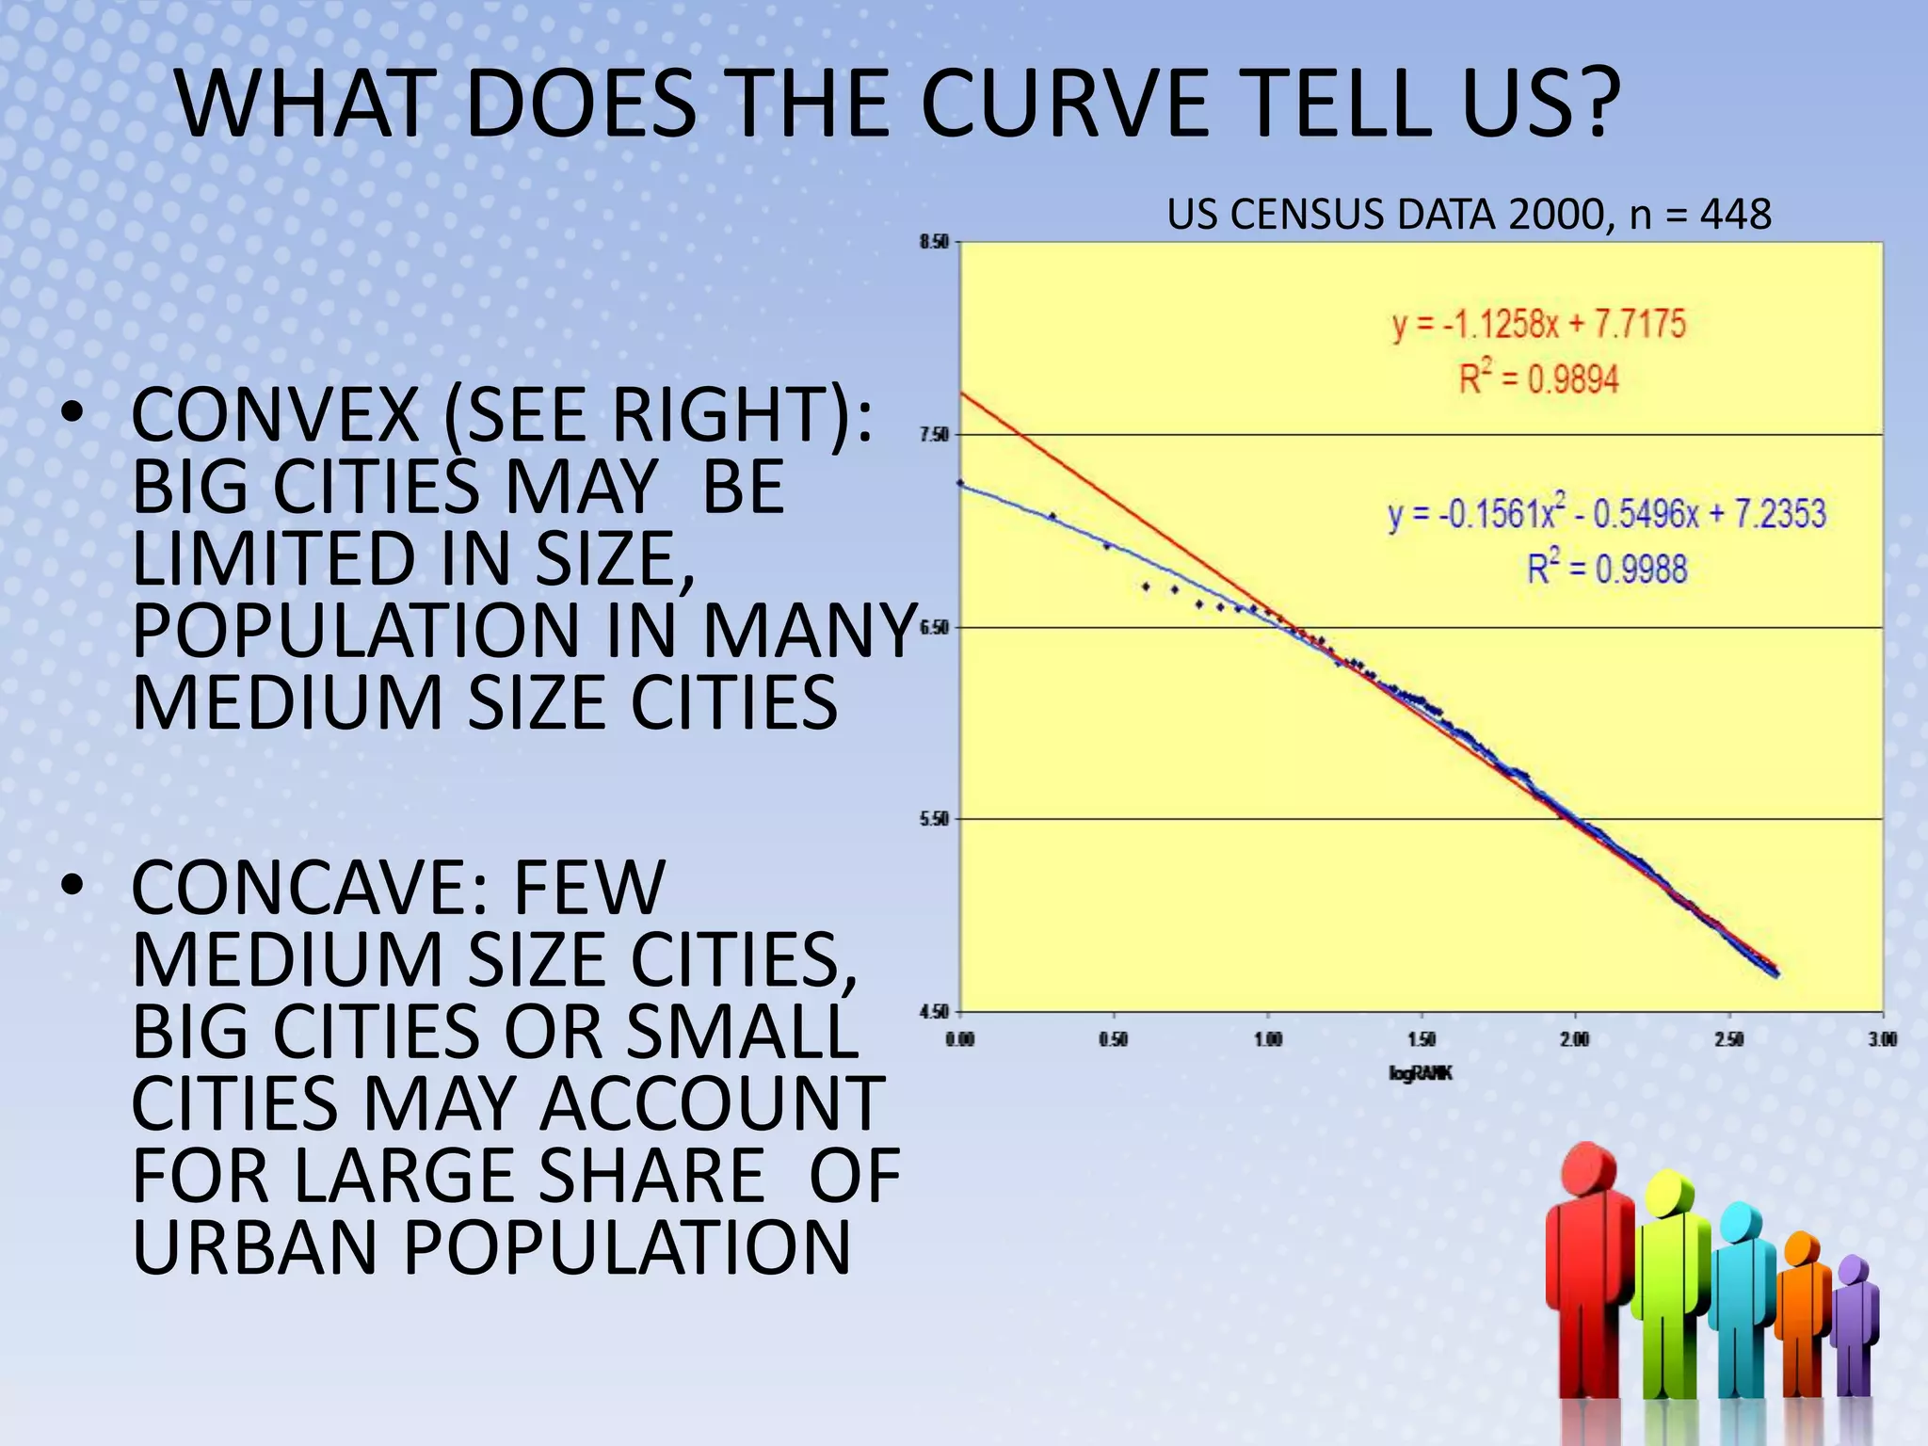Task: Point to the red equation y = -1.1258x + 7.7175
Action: point(1538,324)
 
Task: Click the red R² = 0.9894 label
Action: point(1538,379)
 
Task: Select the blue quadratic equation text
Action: point(1606,514)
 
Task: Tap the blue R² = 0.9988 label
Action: point(1606,569)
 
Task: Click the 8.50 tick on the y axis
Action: point(934,242)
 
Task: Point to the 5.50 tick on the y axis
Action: point(934,819)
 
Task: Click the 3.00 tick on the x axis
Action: point(1883,1039)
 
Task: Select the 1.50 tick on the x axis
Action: point(1422,1039)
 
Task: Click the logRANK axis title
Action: point(1421,1073)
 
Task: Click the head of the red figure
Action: point(1588,1167)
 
